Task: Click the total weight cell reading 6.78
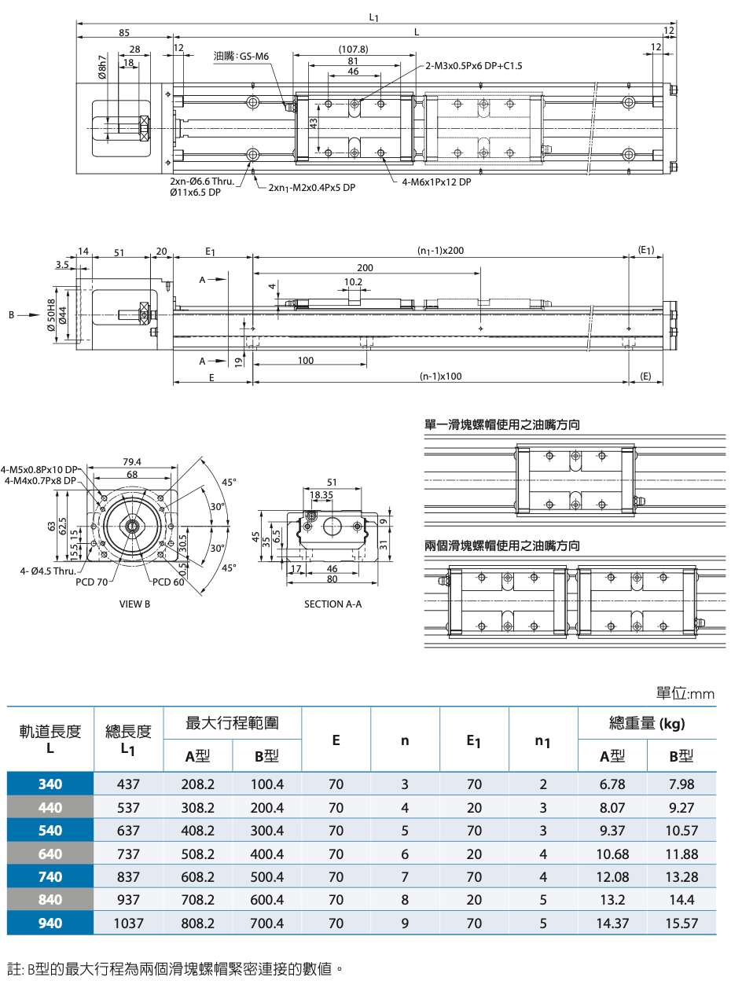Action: [612, 784]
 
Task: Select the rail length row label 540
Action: [50, 831]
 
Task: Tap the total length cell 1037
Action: [128, 923]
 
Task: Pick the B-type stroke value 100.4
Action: [266, 784]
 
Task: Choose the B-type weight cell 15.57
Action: [681, 923]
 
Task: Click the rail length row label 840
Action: [50, 900]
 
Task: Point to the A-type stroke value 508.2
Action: [197, 854]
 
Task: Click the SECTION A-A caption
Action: [334, 604]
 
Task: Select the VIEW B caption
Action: [134, 604]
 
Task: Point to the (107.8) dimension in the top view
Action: [352, 49]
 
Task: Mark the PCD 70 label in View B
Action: [92, 582]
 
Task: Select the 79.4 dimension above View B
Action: [132, 461]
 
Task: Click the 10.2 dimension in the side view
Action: [354, 281]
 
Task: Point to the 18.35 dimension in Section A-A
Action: [321, 496]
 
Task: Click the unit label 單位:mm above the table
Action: [685, 693]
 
